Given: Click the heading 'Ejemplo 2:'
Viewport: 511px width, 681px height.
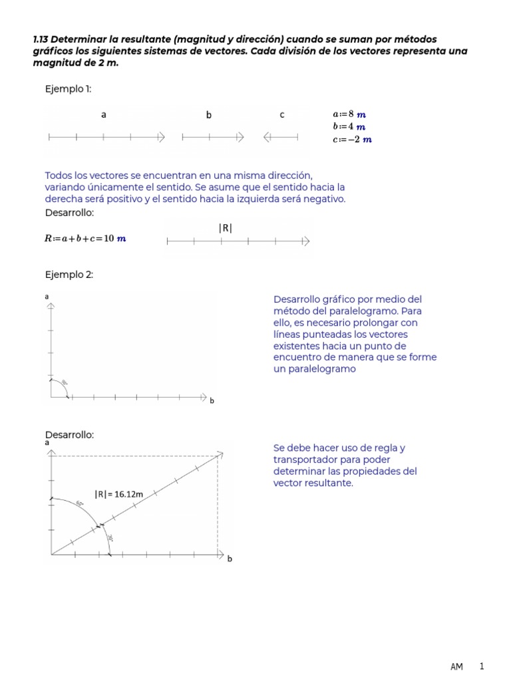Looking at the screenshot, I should click(x=69, y=275).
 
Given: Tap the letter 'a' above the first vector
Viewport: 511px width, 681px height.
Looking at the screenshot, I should click(x=104, y=115).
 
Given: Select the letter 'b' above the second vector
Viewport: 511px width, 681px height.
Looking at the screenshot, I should click(x=208, y=115).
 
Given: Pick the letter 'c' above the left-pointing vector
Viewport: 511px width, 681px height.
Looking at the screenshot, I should click(x=282, y=115).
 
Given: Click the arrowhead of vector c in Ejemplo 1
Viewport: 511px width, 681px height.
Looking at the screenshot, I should click(x=267, y=138).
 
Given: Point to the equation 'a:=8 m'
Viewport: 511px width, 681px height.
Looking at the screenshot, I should click(x=349, y=114).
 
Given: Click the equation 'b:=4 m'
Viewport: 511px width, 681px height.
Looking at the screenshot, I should click(x=349, y=126).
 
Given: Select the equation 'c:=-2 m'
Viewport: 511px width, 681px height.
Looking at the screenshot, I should click(x=352, y=139).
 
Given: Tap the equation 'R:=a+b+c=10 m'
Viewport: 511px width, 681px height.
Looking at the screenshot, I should click(x=85, y=239).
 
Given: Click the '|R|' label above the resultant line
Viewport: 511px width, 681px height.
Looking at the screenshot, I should click(x=225, y=228).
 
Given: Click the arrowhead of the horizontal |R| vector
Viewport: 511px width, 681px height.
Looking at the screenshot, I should click(x=305, y=241).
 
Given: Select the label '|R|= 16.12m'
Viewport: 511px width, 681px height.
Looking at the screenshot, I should click(x=118, y=494).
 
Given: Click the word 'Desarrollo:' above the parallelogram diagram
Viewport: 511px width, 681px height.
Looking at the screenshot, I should click(x=69, y=434).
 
